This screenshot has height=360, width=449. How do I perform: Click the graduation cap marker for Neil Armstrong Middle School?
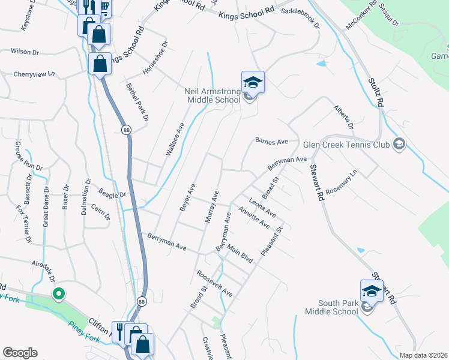point(253,83)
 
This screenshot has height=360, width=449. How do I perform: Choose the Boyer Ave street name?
point(187,197)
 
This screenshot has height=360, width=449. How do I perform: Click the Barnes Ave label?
point(272,142)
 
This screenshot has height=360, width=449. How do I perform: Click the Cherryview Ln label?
point(34,74)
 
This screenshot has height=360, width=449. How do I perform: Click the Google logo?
point(20,353)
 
